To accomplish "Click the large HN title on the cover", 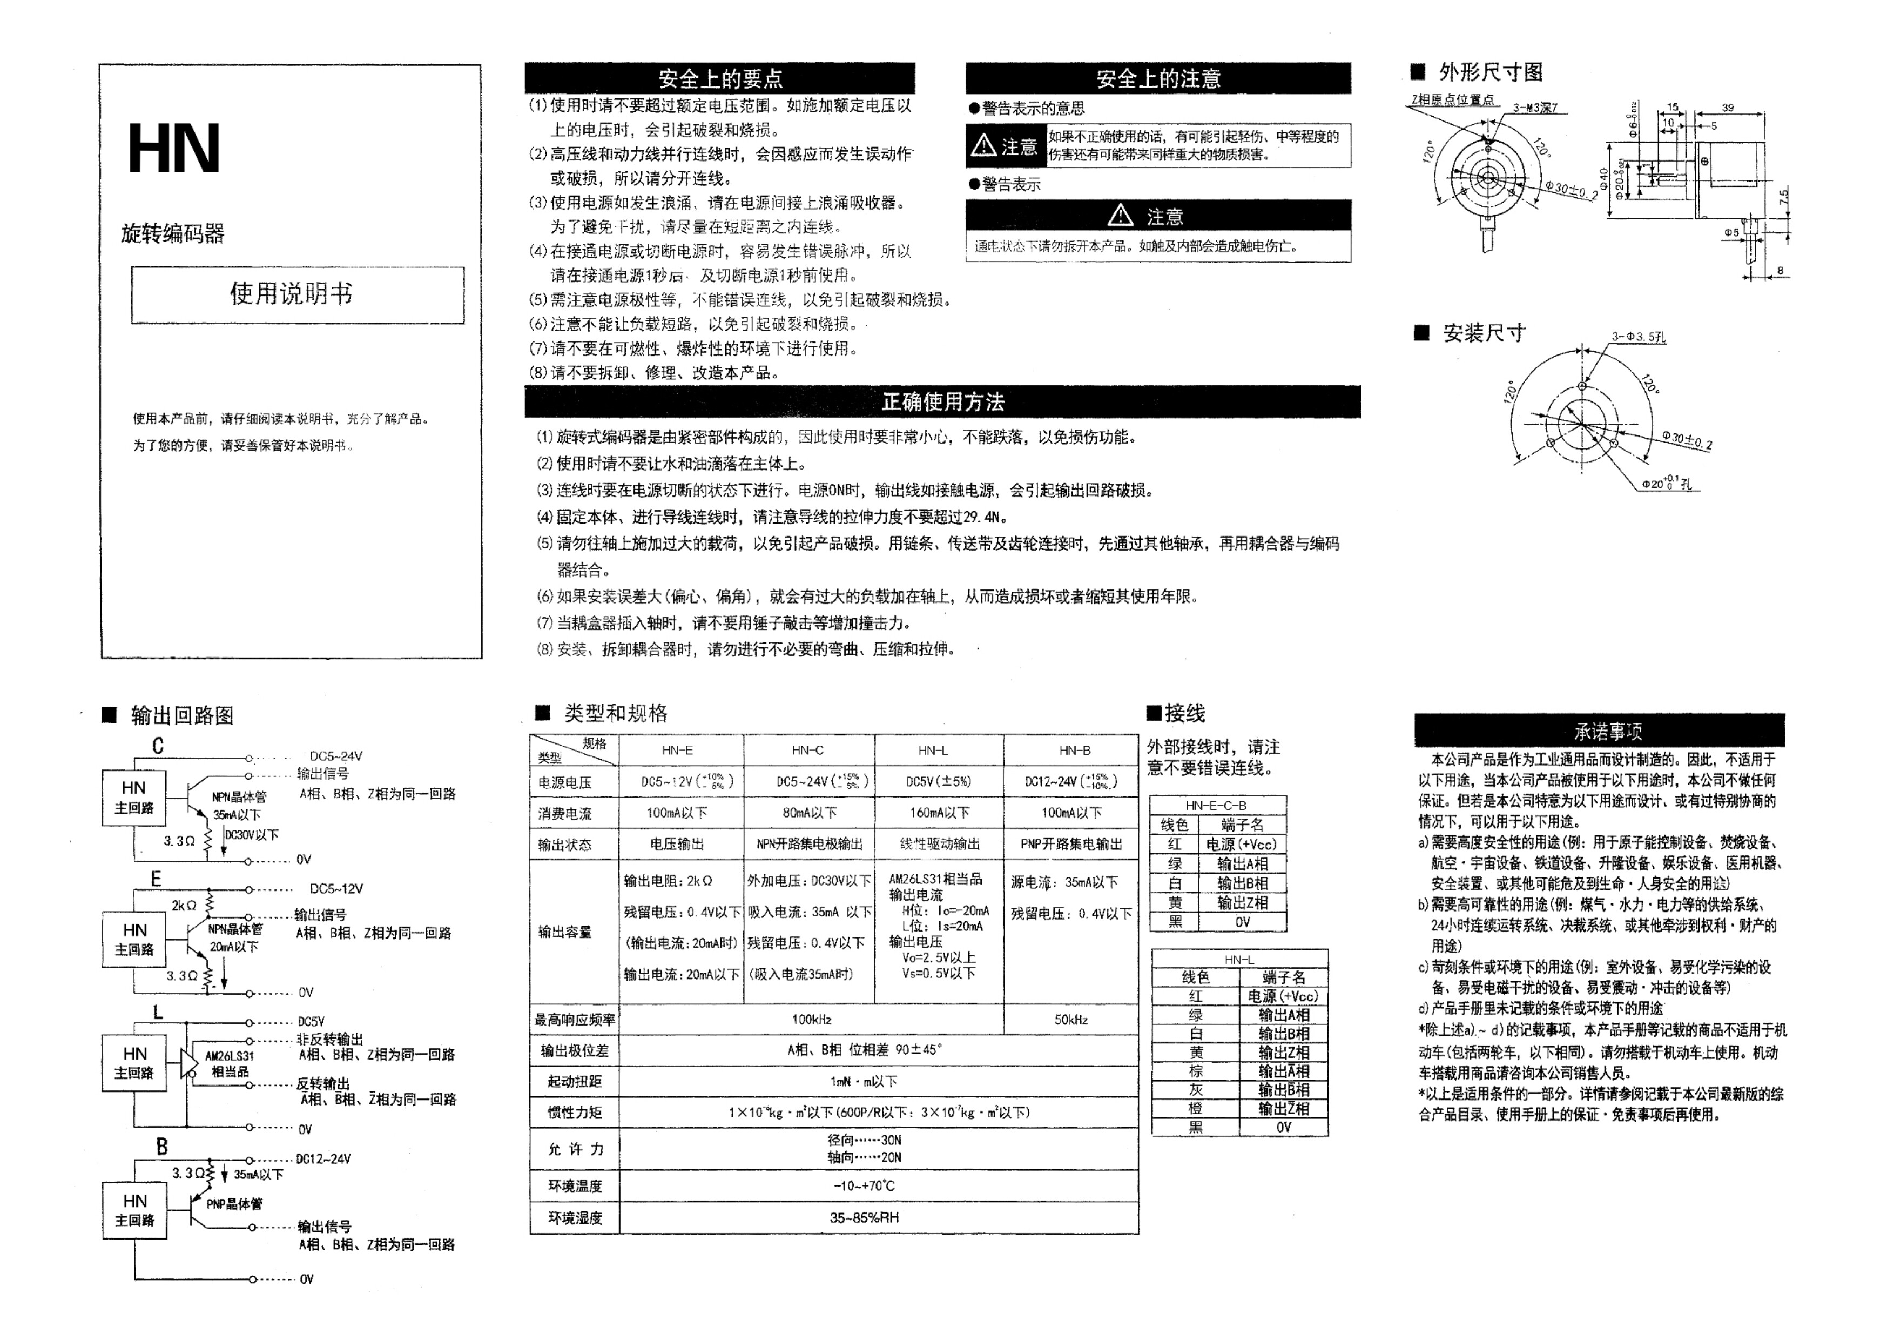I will point(174,149).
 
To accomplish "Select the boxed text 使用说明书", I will point(291,294).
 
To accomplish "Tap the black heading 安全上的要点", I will point(719,78).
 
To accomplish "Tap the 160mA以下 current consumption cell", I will point(939,813).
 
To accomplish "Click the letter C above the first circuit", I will point(158,746).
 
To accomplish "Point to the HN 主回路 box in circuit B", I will point(134,1210).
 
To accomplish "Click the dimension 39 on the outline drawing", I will point(1727,108).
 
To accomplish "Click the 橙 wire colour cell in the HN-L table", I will point(1195,1108).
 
